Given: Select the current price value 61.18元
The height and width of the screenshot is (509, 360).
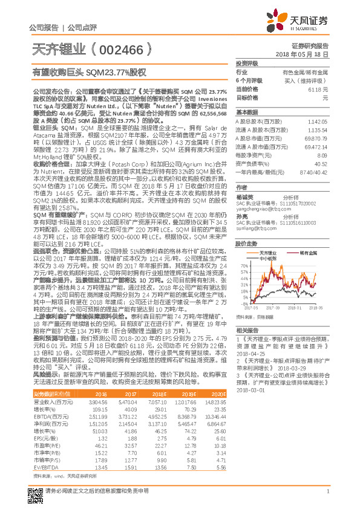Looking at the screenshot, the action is (321, 89).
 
